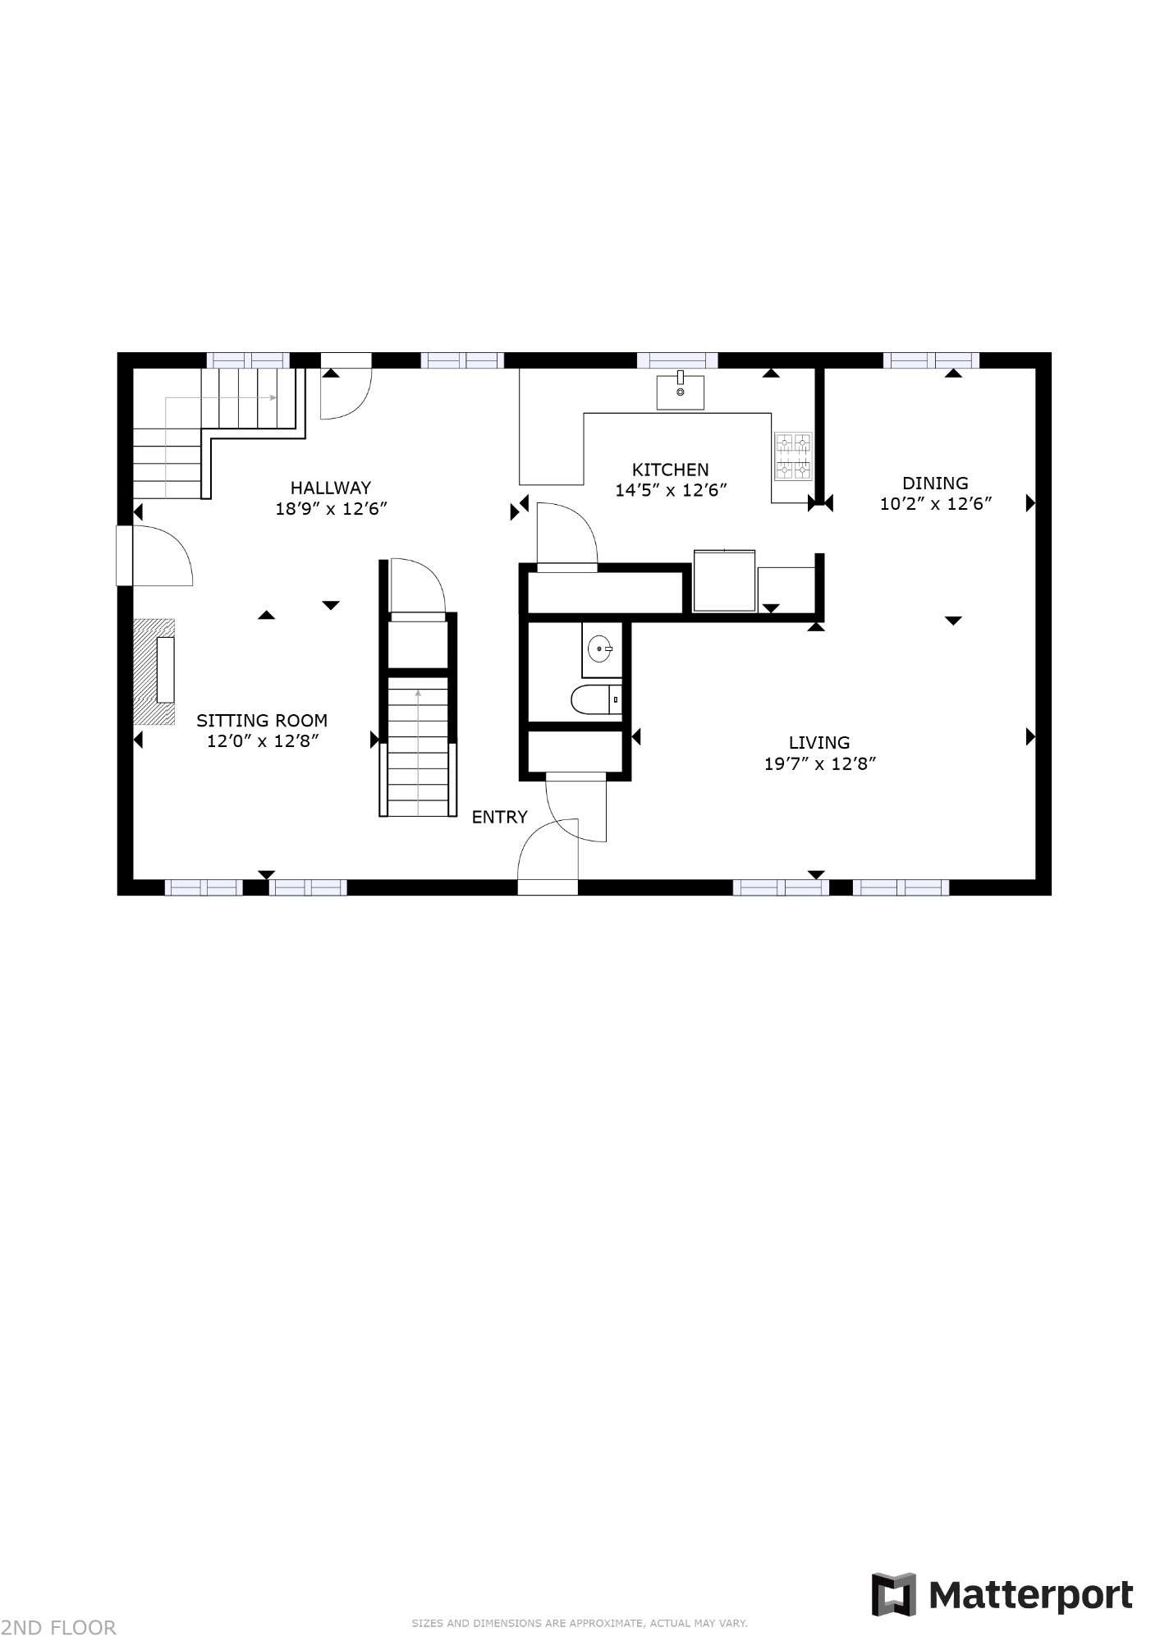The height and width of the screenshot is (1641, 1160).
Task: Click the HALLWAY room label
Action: coord(330,488)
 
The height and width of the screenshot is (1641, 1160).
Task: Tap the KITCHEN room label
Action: coord(670,470)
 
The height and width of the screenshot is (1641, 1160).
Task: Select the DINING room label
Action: coord(935,483)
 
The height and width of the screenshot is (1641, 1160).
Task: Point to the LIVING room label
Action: coord(819,743)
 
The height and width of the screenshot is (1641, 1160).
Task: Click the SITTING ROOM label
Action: coord(262,721)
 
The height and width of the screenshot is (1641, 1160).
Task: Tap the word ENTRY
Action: coord(499,817)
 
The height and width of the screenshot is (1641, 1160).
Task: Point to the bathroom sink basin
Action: coord(601,649)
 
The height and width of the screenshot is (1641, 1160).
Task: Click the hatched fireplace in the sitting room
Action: coord(155,672)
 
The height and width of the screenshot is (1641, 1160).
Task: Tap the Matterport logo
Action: coord(1002,1595)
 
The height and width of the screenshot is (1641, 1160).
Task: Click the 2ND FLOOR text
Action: coord(59,1627)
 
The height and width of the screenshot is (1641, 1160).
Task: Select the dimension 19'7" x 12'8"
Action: coord(820,764)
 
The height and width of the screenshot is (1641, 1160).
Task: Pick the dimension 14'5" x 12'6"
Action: coord(672,491)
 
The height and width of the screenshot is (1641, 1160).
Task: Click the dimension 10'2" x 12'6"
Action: coord(936,504)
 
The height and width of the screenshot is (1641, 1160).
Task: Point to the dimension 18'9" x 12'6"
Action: coord(331,509)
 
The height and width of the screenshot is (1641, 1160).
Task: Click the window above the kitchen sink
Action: coord(677,360)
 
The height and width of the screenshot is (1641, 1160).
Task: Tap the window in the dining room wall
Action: coord(931,360)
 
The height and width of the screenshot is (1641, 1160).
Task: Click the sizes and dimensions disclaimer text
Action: coord(580,1623)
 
